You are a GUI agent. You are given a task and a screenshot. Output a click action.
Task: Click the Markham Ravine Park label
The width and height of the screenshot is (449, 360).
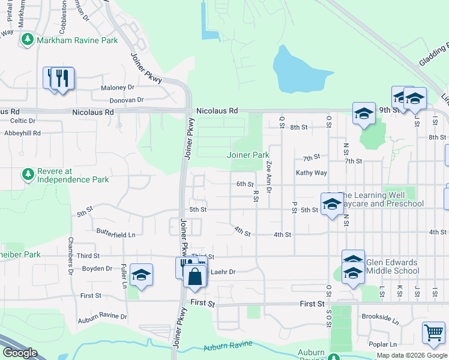[x=77, y=40]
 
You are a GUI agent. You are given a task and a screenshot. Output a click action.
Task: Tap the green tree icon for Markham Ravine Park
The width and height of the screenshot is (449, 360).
[x=27, y=40]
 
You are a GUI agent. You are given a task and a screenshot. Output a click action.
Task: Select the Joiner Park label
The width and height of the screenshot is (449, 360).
[x=248, y=155]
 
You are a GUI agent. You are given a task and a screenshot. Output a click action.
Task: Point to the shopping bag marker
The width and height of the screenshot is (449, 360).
[x=194, y=277]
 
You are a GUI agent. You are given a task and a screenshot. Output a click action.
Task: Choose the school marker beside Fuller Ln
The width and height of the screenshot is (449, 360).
[x=140, y=274]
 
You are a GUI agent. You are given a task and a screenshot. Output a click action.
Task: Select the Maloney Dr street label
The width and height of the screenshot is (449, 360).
[x=118, y=88]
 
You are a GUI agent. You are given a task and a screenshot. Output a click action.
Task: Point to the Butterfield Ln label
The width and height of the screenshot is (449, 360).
[x=116, y=231]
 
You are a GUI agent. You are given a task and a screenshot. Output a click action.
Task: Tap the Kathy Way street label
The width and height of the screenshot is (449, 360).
[x=311, y=173]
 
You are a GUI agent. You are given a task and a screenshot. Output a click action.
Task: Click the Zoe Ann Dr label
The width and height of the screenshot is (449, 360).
[x=270, y=176]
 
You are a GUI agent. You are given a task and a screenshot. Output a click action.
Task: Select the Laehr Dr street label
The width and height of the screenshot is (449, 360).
[x=223, y=272]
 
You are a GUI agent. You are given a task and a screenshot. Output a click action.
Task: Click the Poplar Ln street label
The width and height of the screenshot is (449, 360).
[x=384, y=344]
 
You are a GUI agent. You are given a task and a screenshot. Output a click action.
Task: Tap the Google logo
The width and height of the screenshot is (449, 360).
[x=20, y=353]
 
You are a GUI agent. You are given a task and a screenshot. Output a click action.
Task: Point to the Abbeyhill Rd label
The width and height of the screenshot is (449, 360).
[x=20, y=133]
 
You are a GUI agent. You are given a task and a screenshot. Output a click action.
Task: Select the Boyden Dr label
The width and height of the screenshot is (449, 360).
[x=97, y=268]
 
